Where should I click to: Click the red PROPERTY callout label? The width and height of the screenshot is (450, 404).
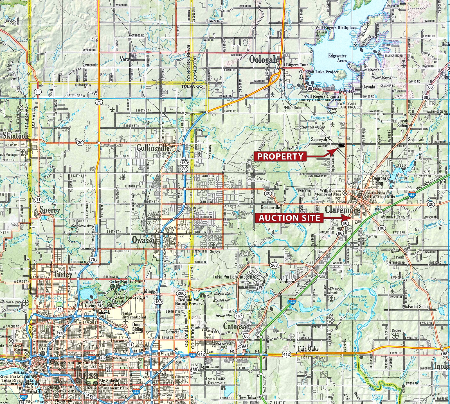280,156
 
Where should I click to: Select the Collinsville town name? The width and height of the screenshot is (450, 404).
153,148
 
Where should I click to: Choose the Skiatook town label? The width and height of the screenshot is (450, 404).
16,136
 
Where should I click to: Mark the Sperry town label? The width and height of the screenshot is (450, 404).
50,210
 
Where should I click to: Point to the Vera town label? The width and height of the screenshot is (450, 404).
124,59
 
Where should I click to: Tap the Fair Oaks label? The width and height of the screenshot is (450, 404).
308,349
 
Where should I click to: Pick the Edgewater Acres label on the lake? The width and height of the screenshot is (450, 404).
337,58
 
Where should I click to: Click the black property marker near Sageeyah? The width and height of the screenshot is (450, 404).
341,146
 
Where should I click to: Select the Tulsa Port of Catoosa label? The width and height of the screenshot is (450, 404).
232,277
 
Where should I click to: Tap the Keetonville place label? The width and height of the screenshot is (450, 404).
270,207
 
